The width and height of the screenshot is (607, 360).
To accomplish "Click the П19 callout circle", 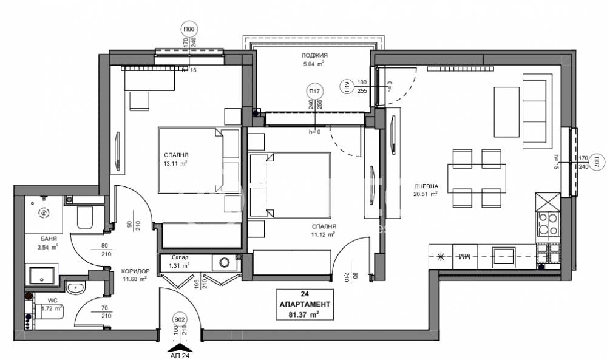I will [x=347, y=87].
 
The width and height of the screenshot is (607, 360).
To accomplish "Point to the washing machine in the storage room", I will [x=225, y=263].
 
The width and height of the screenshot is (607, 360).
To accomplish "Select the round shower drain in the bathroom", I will [x=43, y=212].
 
